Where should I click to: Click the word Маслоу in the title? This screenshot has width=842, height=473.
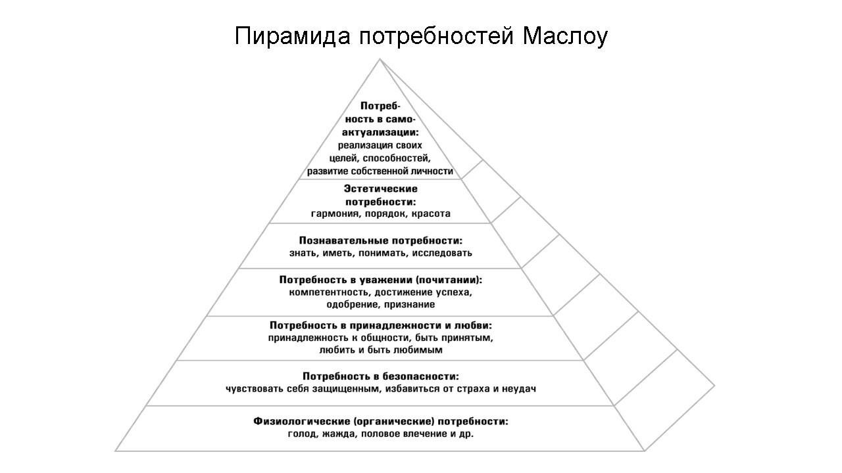(x=565, y=36)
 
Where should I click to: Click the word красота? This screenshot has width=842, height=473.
(x=428, y=214)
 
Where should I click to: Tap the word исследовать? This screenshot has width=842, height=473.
(x=444, y=253)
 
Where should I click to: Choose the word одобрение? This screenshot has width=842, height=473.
(x=351, y=305)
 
